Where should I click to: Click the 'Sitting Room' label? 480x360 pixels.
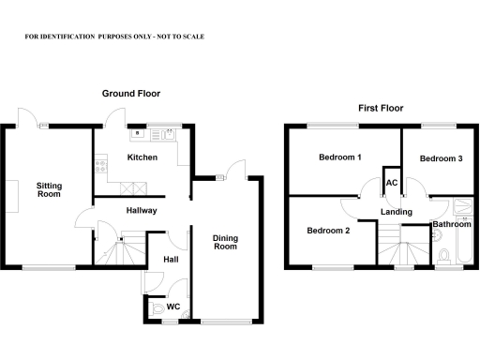(x=49, y=190)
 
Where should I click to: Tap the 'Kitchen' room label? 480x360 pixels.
(x=142, y=157)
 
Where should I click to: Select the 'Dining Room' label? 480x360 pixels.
(x=225, y=242)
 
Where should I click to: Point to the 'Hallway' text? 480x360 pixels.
(x=141, y=211)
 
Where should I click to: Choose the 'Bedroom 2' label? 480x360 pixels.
(x=328, y=231)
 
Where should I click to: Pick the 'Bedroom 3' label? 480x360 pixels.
(x=441, y=158)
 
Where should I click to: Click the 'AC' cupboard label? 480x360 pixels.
(x=391, y=182)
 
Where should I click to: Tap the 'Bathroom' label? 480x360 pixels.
(x=451, y=225)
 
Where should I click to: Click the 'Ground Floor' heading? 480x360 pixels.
(x=132, y=94)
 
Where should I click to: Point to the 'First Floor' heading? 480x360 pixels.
(x=381, y=109)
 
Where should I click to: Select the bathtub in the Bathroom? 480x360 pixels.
(x=463, y=247)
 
